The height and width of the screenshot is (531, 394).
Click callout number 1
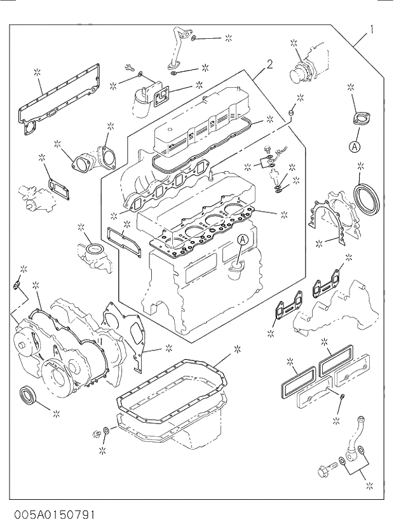pos(370,29)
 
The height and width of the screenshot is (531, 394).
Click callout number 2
pos(269,64)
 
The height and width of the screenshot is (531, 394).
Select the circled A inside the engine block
pos(242,240)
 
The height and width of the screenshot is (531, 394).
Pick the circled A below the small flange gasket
pos(354,147)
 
